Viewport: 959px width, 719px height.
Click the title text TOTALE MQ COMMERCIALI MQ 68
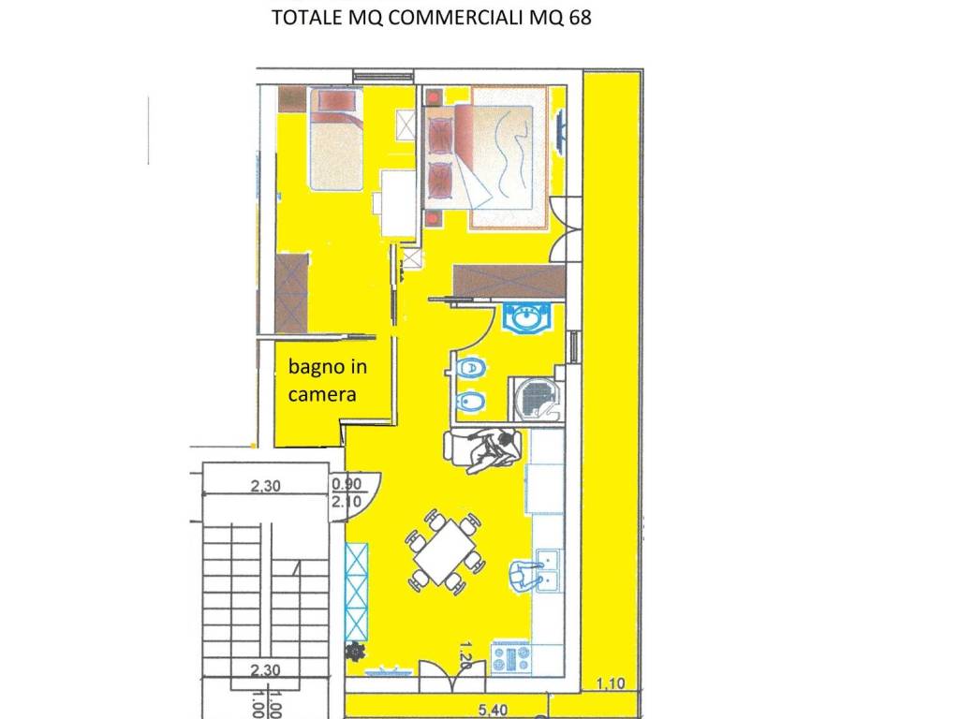431,17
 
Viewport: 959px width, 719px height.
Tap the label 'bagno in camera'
327,380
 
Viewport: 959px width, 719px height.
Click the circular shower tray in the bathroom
538,399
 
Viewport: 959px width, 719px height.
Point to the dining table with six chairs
444,552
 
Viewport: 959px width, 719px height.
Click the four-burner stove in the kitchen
510,658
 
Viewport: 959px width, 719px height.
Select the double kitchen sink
550,570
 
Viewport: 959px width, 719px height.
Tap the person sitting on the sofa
493,450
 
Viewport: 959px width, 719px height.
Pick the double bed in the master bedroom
486,158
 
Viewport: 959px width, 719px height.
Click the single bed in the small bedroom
336,139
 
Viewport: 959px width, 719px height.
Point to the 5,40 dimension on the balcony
493,710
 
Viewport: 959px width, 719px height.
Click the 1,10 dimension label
611,682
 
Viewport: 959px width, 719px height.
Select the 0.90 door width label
347,484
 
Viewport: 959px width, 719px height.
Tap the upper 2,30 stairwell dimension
265,486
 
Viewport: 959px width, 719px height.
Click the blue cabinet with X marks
357,591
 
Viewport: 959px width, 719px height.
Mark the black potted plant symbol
353,652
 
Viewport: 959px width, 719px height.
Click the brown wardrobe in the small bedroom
291,293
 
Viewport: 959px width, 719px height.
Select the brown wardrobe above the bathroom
509,281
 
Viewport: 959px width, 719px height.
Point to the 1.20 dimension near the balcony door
465,655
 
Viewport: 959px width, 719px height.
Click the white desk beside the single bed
396,202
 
